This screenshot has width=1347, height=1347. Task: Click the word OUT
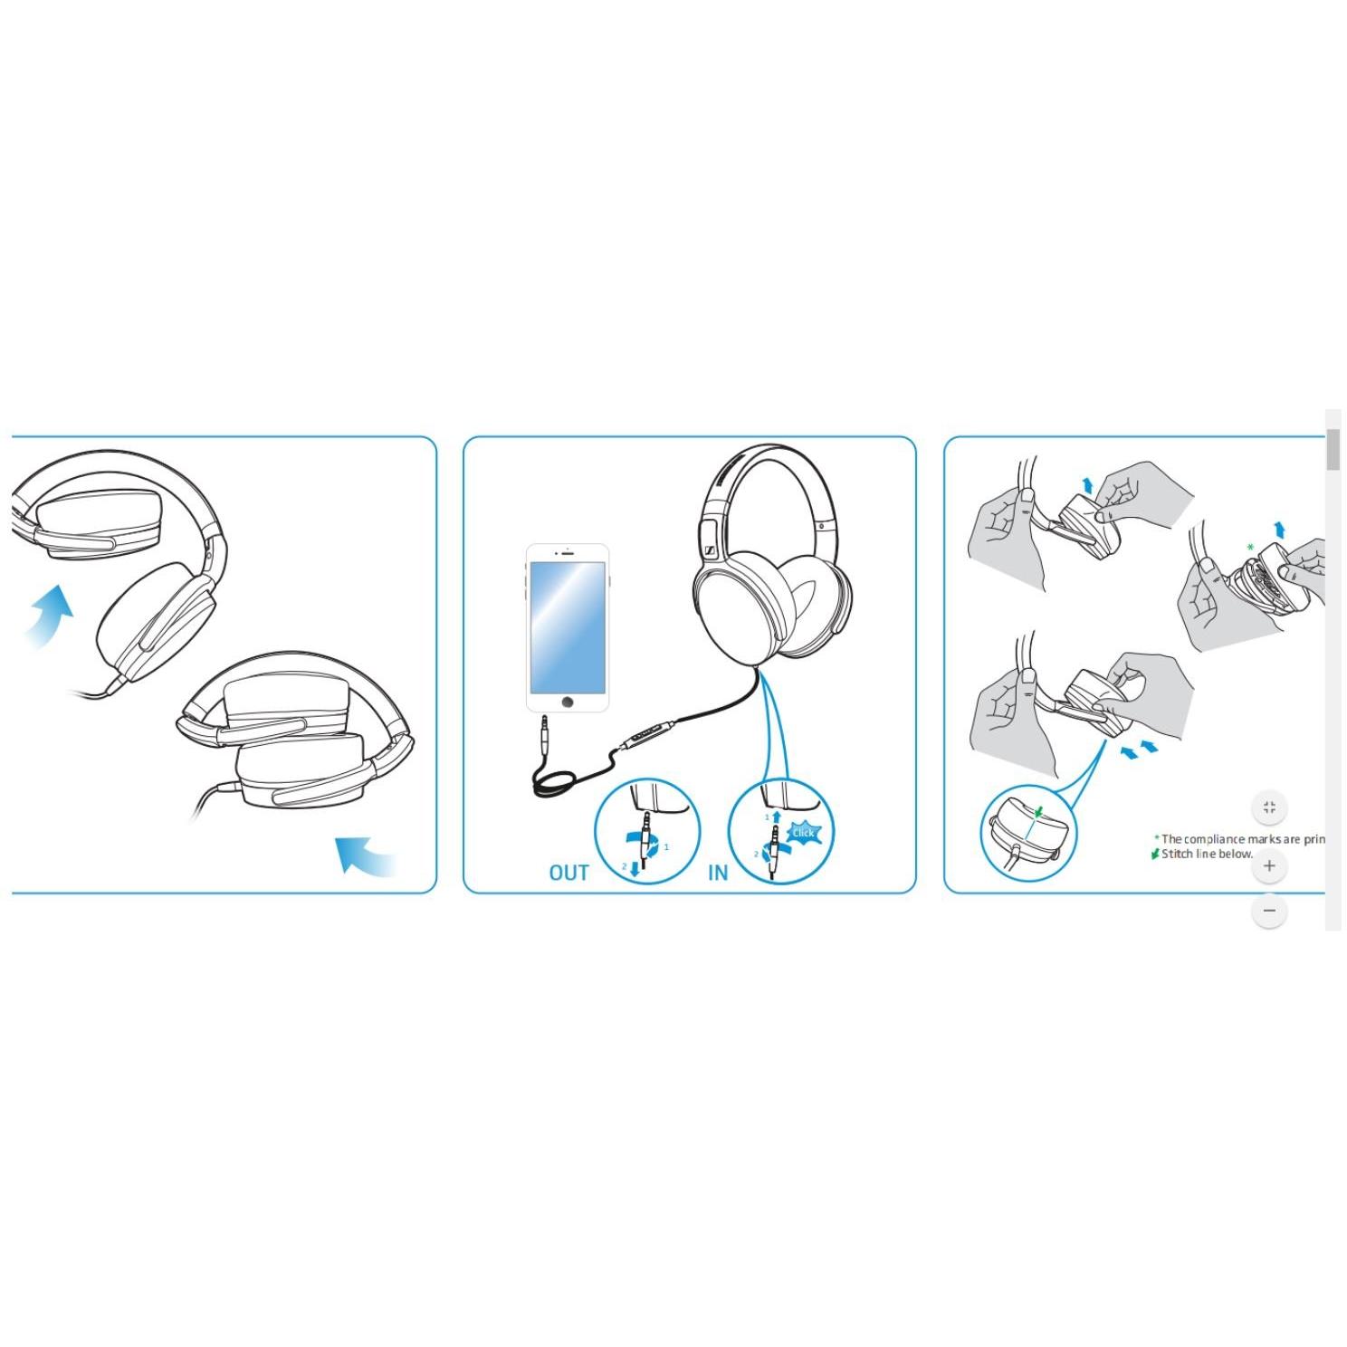(568, 873)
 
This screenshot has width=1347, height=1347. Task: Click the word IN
(718, 873)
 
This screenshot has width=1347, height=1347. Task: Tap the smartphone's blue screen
(568, 626)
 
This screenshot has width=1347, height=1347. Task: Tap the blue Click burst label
(803, 833)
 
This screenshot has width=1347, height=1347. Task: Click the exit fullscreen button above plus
(1269, 807)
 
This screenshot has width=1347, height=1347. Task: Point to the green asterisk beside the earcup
(1250, 548)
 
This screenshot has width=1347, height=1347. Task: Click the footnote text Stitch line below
(1207, 854)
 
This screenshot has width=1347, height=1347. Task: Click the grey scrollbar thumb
(1333, 450)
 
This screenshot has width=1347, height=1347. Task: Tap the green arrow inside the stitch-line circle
(1038, 812)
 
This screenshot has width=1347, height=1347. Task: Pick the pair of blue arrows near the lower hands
(1139, 750)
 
